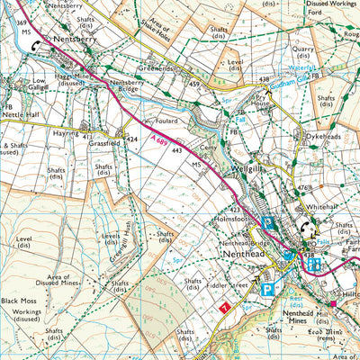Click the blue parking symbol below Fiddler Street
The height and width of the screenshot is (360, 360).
(266, 289)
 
